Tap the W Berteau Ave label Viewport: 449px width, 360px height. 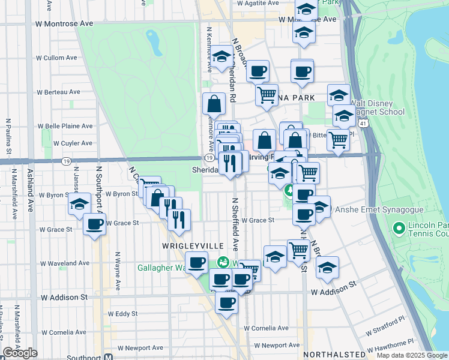tap(58, 92)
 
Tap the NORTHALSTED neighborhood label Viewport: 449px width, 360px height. tap(334, 355)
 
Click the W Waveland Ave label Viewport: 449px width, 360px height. tap(65, 263)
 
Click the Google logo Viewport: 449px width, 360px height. tap(20, 353)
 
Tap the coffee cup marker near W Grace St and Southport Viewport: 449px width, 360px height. tap(94, 224)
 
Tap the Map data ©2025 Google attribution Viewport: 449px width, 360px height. tap(411, 355)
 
